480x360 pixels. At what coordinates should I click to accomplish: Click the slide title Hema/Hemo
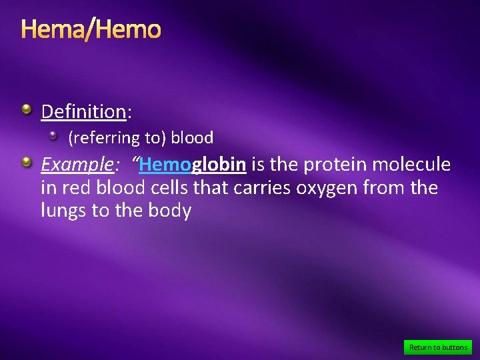click(91, 30)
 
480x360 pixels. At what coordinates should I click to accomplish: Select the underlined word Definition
click(83, 111)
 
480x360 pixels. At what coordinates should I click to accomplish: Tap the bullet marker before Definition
click(25, 109)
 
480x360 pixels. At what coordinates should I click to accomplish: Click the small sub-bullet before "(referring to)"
click(54, 136)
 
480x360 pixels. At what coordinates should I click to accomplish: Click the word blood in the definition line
click(192, 138)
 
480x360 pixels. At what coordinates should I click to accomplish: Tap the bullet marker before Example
click(25, 162)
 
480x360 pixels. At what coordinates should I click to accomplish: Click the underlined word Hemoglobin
click(193, 164)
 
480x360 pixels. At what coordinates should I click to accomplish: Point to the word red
click(73, 188)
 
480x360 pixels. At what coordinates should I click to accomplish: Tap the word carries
click(261, 188)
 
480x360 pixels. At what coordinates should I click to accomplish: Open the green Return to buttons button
click(438, 347)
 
